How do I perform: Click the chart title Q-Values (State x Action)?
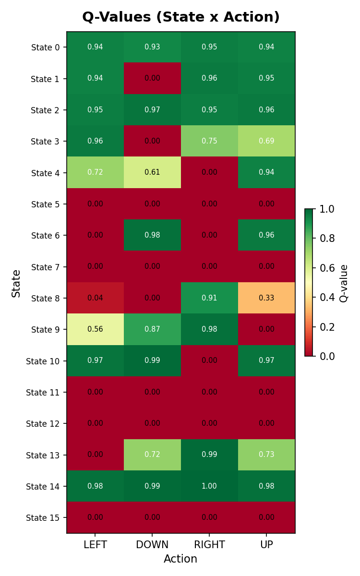[x=181, y=17]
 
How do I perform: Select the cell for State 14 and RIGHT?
[x=209, y=486]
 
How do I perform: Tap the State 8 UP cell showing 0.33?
[x=266, y=298]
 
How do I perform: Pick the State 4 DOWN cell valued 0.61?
[x=152, y=172]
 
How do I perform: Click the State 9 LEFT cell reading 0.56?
[x=95, y=329]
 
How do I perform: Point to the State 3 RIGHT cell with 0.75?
[x=209, y=141]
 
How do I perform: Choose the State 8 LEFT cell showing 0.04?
[x=95, y=298]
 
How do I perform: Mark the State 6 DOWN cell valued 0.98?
[x=152, y=235]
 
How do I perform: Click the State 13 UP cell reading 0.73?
[x=266, y=455]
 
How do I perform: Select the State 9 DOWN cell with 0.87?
[x=152, y=329]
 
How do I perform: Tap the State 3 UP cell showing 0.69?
[x=266, y=141]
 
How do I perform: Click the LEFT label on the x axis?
[x=95, y=545]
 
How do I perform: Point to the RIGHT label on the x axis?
[x=209, y=545]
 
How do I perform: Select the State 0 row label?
[x=46, y=47]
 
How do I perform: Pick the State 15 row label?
[x=43, y=517]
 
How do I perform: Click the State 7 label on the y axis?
[x=46, y=267]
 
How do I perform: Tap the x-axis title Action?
[x=180, y=559]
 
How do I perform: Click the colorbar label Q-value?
[x=344, y=283]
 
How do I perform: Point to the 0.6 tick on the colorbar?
[x=327, y=268]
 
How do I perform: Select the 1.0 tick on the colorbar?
[x=327, y=209]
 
